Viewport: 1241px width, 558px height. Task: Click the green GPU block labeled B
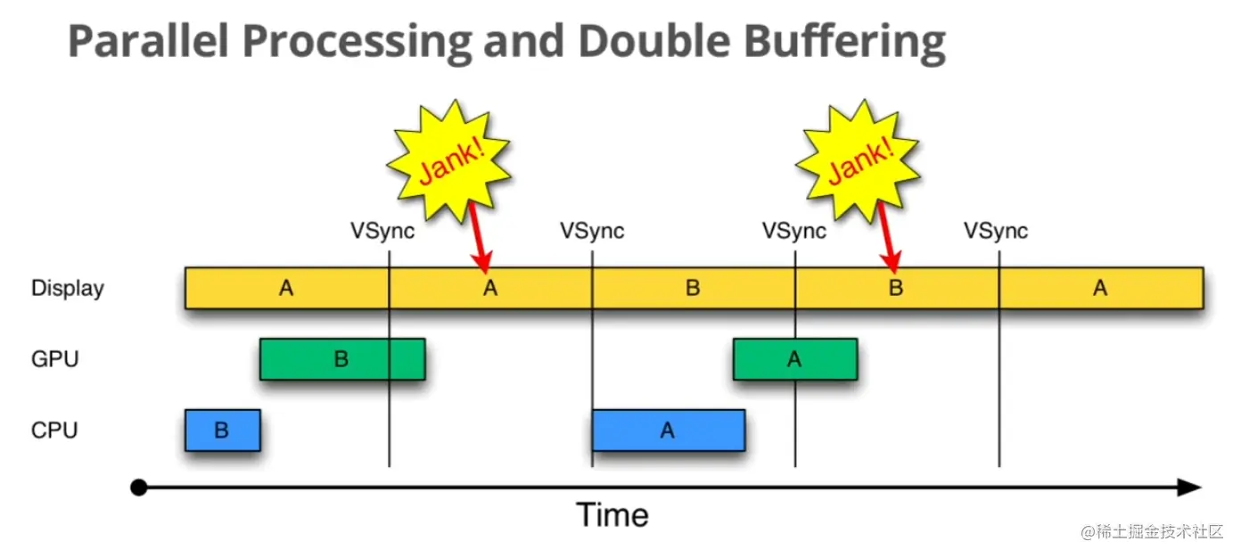click(x=342, y=359)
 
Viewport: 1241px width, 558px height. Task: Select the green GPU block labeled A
click(x=794, y=359)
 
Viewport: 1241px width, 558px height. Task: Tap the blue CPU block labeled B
click(x=222, y=431)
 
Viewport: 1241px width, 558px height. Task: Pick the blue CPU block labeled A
click(x=668, y=431)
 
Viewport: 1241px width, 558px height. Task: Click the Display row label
click(x=68, y=289)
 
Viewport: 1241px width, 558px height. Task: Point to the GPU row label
click(x=55, y=359)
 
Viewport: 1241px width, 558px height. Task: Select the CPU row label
click(x=54, y=431)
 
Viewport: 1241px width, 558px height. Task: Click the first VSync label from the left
click(x=382, y=232)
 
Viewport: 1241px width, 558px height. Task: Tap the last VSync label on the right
click(x=996, y=232)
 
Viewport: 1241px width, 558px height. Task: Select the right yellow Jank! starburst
click(x=858, y=163)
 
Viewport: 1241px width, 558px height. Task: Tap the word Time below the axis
click(x=612, y=515)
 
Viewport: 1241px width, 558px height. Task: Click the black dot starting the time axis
click(x=138, y=488)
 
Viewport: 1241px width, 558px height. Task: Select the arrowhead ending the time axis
click(x=1190, y=488)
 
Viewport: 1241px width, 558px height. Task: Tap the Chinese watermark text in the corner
click(x=1152, y=532)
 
